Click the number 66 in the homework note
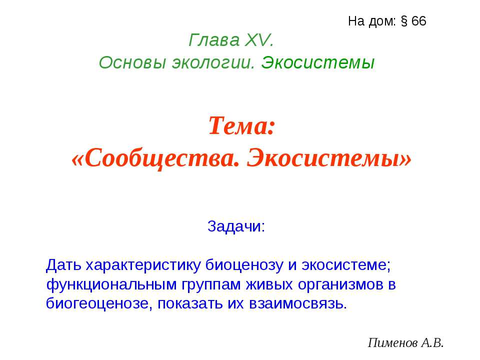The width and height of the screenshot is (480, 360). [419, 21]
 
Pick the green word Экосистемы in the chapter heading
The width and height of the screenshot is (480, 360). [318, 62]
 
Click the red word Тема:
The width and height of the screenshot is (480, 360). [241, 126]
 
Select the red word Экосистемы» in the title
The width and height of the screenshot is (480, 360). [330, 159]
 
